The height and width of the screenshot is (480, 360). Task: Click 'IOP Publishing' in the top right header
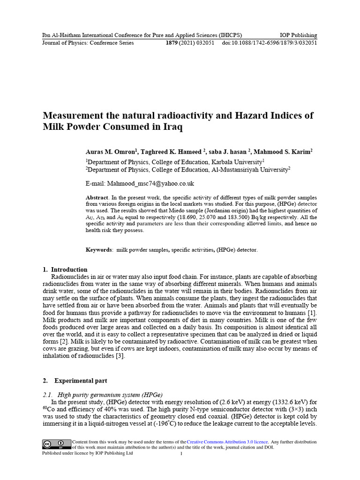pos(298,35)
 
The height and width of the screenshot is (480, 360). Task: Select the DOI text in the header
pos(270,43)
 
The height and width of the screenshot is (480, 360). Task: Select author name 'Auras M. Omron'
pos(110,152)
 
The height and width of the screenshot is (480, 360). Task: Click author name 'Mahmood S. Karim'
pos(283,152)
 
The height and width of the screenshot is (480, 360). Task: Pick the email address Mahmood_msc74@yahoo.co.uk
pos(150,183)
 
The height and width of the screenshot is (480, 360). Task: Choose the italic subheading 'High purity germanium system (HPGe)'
pos(110,394)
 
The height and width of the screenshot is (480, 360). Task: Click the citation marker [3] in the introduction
pos(120,355)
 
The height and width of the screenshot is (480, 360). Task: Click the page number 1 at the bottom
pos(181,454)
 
